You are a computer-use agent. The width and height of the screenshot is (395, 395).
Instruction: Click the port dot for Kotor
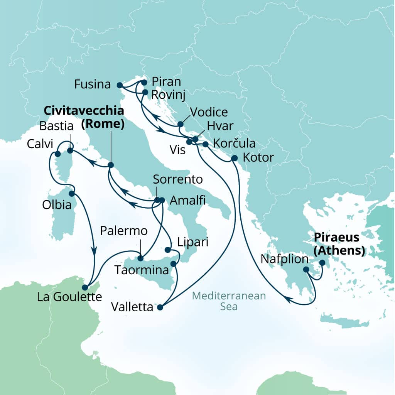tap(234, 158)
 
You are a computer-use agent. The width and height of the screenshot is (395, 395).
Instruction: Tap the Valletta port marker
tap(160, 308)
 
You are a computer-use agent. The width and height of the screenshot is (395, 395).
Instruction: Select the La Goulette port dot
tap(85, 287)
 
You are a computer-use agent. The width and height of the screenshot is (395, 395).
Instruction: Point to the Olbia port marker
tap(71, 193)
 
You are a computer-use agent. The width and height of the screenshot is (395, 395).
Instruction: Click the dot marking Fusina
tap(120, 85)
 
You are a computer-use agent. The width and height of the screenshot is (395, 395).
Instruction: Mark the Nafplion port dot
tap(306, 270)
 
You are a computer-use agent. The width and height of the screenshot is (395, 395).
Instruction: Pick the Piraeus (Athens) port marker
tap(322, 263)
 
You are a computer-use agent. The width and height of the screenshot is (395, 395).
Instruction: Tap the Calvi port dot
tap(57, 154)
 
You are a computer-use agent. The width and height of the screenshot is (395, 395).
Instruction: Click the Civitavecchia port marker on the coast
tap(111, 165)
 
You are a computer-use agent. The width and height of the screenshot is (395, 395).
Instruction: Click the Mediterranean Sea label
tap(229, 302)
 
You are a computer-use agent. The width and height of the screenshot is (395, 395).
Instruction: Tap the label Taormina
tap(142, 270)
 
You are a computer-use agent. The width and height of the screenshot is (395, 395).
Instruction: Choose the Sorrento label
tap(178, 179)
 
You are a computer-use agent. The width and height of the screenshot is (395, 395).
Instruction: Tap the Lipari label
tap(193, 242)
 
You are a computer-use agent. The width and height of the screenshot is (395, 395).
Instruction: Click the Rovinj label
tap(167, 94)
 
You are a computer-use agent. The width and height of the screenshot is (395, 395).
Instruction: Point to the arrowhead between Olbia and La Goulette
tap(94, 250)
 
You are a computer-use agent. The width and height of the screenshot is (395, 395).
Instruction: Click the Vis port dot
tap(189, 142)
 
